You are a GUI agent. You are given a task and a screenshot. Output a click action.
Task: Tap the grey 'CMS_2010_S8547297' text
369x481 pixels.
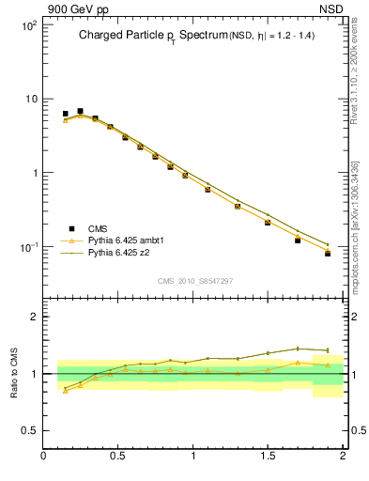[193, 281]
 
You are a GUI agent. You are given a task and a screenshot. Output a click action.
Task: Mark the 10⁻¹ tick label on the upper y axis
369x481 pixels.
[27, 247]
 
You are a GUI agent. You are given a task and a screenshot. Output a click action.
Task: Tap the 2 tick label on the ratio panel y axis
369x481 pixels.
[34, 318]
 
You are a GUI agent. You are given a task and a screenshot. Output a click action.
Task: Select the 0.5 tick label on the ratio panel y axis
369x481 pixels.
[29, 430]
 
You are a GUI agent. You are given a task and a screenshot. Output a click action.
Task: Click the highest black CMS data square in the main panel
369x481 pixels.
[80, 111]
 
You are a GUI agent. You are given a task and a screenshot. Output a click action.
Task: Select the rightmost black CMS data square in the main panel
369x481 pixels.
[328, 254]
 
